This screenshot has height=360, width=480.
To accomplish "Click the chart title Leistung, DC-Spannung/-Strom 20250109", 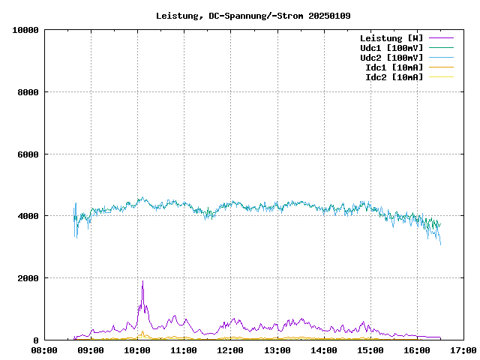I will (253, 16).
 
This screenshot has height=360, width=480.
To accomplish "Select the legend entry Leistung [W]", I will (391, 37).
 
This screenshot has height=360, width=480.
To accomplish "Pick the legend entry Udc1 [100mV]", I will (391, 47).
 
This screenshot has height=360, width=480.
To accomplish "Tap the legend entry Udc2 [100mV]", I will (391, 57).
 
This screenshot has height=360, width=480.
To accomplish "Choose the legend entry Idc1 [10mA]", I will (394, 67).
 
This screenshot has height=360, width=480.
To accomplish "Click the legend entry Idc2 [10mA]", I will (394, 76).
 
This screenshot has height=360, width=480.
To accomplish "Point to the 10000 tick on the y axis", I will (25, 30).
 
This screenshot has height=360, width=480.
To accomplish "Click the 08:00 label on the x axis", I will (44, 349).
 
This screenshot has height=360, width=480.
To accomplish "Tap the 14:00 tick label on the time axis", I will (324, 349).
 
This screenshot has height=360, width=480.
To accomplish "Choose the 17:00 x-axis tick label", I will (463, 349).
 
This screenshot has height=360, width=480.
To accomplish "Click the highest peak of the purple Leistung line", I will (142, 281).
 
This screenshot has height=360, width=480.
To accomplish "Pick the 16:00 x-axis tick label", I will (417, 349).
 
